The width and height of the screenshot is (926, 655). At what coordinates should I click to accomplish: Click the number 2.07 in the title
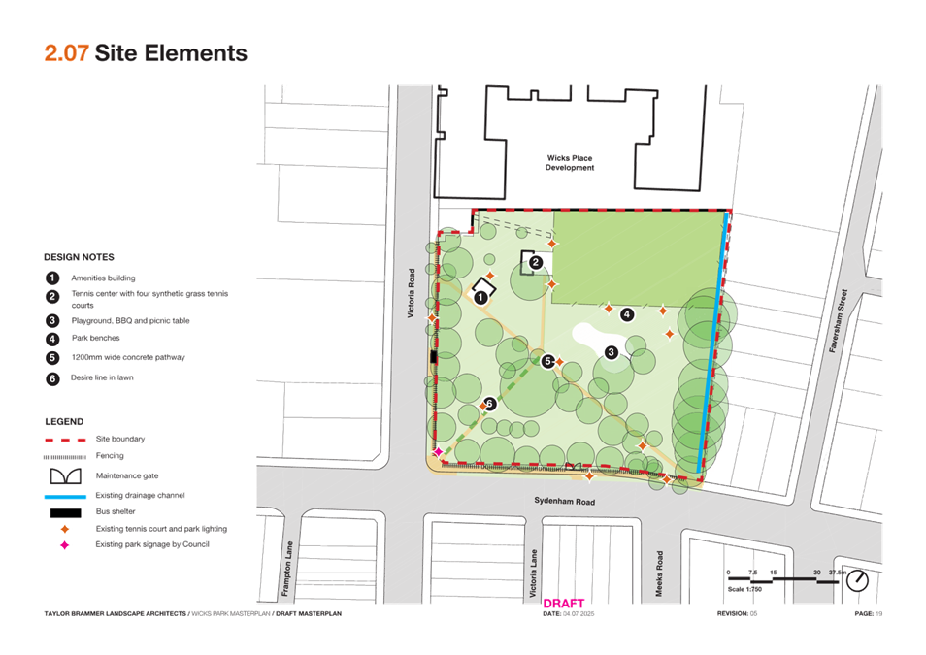point(67,52)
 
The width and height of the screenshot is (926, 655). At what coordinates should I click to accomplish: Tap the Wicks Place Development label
point(570,162)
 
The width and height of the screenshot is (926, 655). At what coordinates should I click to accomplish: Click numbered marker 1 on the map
point(480,297)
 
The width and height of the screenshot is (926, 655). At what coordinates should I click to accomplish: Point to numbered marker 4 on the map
point(627,314)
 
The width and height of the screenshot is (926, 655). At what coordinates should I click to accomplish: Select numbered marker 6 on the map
point(490,404)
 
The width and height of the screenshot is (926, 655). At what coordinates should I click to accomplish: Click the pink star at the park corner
point(439,452)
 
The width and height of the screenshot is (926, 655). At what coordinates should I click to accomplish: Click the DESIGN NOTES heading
point(80,257)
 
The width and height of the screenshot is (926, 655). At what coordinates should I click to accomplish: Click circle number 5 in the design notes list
point(52,358)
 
